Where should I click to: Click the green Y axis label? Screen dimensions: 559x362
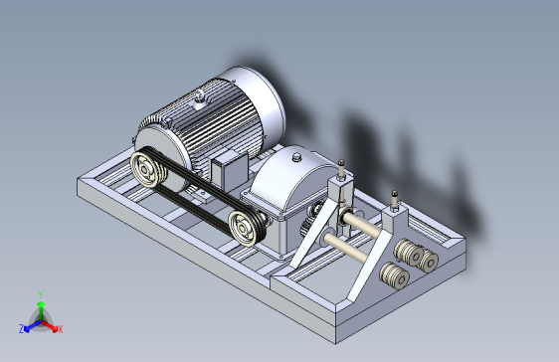point(41,294)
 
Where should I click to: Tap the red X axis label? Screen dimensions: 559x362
point(61,329)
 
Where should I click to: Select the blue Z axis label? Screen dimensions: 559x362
point(22,329)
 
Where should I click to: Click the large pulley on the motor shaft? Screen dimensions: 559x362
point(148,169)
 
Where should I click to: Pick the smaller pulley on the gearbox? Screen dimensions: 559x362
point(245,229)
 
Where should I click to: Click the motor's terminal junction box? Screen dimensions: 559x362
point(230,169)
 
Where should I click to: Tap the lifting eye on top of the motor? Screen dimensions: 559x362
point(199,98)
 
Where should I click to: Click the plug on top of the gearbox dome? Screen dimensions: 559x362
point(296,157)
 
